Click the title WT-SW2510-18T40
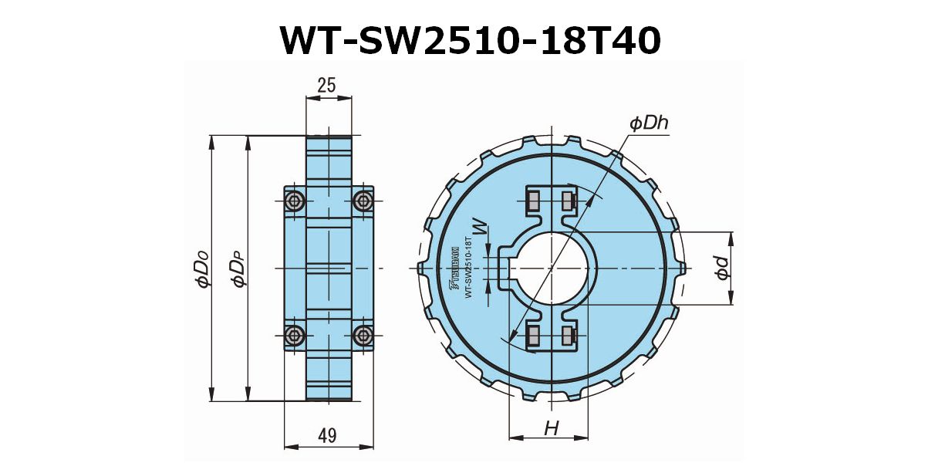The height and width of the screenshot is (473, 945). click(x=471, y=40)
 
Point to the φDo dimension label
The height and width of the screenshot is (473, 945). click(x=202, y=269)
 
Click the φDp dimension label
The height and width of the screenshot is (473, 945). click(x=239, y=269)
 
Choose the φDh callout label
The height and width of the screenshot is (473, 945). click(x=648, y=123)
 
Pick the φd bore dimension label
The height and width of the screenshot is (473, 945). click(x=721, y=268)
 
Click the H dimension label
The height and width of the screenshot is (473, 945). click(x=551, y=429)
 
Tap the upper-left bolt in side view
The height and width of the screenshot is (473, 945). click(x=294, y=201)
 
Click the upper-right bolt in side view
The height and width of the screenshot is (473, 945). click(x=363, y=201)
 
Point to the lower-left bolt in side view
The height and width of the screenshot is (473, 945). click(x=294, y=335)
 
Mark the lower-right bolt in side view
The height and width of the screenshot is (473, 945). click(x=363, y=335)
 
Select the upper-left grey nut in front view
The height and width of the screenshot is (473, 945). click(x=532, y=201)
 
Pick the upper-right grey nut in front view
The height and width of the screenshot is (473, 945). click(x=569, y=201)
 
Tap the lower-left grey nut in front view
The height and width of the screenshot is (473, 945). click(x=532, y=335)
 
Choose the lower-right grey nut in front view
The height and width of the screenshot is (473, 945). click(x=569, y=335)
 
